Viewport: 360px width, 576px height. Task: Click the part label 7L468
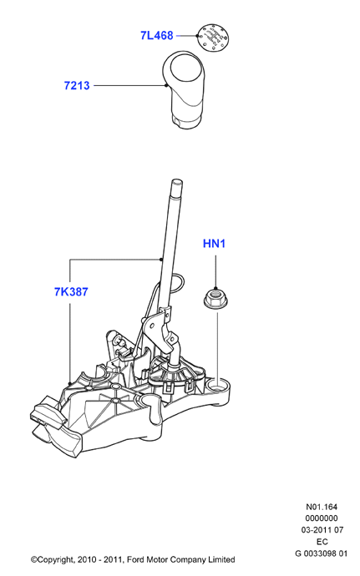[157, 36]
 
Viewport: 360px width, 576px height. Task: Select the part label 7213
[77, 86]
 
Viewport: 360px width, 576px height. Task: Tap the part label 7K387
[71, 291]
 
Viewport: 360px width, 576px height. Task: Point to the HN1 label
[214, 243]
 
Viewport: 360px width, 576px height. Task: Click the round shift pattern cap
[213, 37]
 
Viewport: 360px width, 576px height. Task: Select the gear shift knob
[183, 89]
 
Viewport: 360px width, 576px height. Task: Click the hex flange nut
[215, 297]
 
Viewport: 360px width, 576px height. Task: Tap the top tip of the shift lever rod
[177, 180]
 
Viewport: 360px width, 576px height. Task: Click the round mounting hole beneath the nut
[218, 386]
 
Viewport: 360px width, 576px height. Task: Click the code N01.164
[322, 507]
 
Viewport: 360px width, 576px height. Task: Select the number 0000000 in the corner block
[322, 518]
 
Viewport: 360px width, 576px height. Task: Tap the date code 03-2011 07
[322, 530]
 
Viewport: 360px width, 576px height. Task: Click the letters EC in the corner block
[322, 542]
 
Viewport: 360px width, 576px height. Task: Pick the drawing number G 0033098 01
[321, 553]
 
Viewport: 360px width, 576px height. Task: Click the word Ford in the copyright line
[135, 560]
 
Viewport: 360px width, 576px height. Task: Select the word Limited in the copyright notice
[221, 560]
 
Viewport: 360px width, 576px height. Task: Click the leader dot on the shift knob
[166, 86]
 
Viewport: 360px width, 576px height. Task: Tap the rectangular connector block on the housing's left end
[47, 411]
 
